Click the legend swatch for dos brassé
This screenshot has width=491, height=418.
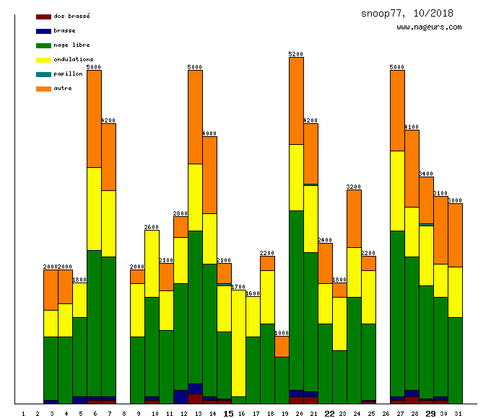(x=43, y=16)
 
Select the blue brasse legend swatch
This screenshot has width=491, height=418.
(x=43, y=30)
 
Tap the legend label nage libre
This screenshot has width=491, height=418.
(x=71, y=45)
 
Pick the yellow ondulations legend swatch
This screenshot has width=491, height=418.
(x=43, y=59)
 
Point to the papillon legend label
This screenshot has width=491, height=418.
(x=68, y=74)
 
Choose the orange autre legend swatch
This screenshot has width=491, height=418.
(x=43, y=88)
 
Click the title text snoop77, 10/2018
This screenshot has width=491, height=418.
(x=407, y=14)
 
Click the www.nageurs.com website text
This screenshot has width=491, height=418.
(x=429, y=27)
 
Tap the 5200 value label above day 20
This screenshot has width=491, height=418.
(x=296, y=54)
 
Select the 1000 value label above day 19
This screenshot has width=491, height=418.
(x=282, y=333)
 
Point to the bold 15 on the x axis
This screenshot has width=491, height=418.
(x=228, y=414)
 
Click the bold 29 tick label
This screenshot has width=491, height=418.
(x=430, y=414)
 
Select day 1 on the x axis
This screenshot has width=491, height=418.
(x=23, y=414)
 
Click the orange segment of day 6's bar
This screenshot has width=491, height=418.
(x=94, y=119)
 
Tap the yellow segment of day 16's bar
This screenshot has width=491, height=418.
(x=238, y=343)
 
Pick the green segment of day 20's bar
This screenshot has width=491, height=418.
(x=296, y=300)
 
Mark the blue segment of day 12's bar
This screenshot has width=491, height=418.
(x=181, y=396)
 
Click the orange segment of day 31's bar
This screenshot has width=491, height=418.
(x=455, y=235)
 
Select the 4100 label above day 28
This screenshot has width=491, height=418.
(x=412, y=127)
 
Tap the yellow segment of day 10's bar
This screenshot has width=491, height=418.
(x=152, y=263)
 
